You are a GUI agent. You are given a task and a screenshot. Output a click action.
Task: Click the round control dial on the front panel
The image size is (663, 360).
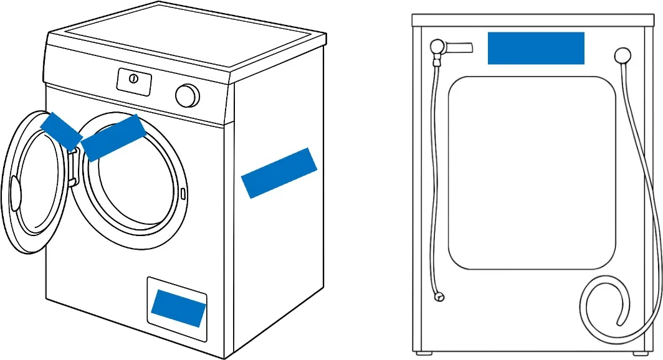pyautogui.click(x=187, y=95)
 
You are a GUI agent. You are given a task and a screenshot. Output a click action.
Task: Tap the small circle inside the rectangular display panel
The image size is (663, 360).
pyautogui.click(x=133, y=78)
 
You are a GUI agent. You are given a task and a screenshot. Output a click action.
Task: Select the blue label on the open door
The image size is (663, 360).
pyautogui.click(x=60, y=131)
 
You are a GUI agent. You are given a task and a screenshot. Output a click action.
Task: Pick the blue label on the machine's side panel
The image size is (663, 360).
pyautogui.click(x=279, y=173)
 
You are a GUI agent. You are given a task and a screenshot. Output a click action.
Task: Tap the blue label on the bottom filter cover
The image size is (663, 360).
pyautogui.click(x=178, y=308)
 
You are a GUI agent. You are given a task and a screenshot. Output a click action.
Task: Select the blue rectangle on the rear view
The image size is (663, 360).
pyautogui.click(x=536, y=49)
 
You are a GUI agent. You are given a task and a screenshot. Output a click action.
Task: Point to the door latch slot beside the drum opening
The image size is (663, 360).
pyautogui.click(x=183, y=193)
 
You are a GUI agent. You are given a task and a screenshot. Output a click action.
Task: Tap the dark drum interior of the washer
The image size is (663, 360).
pyautogui.click(x=134, y=187)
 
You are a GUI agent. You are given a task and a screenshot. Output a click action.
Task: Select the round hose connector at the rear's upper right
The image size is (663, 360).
pyautogui.click(x=622, y=56)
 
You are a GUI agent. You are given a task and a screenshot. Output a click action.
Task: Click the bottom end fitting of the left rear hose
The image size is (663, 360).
pyautogui.click(x=441, y=297)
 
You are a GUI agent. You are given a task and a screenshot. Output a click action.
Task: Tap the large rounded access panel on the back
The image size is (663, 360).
pyautogui.click(x=532, y=173)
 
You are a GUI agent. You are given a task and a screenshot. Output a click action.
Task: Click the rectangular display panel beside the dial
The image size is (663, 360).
pyautogui.click(x=135, y=82)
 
